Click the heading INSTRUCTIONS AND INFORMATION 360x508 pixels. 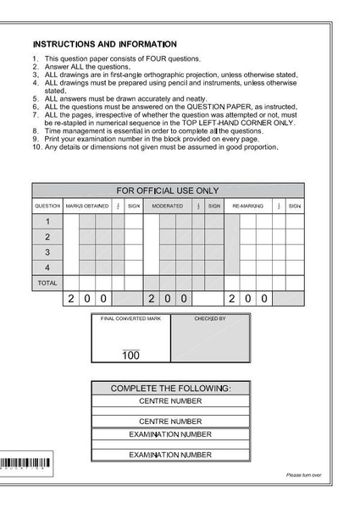pyautogui.click(x=104, y=44)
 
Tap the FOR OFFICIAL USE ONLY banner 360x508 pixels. pyautogui.click(x=167, y=190)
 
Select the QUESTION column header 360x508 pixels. pyautogui.click(x=47, y=206)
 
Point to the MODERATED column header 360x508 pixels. pyautogui.click(x=167, y=206)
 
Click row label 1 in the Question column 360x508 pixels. pyautogui.click(x=47, y=221)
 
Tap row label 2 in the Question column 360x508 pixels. pyautogui.click(x=47, y=237)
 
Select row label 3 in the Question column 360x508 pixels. pyautogui.click(x=47, y=252)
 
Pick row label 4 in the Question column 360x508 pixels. pyautogui.click(x=47, y=268)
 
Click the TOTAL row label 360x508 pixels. pyautogui.click(x=47, y=283)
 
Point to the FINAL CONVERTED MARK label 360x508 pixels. pyautogui.click(x=130, y=319)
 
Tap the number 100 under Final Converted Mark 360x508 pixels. pyautogui.click(x=130, y=356)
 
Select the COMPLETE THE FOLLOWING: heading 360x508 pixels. pyautogui.click(x=170, y=389)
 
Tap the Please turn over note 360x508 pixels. pyautogui.click(x=303, y=475)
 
